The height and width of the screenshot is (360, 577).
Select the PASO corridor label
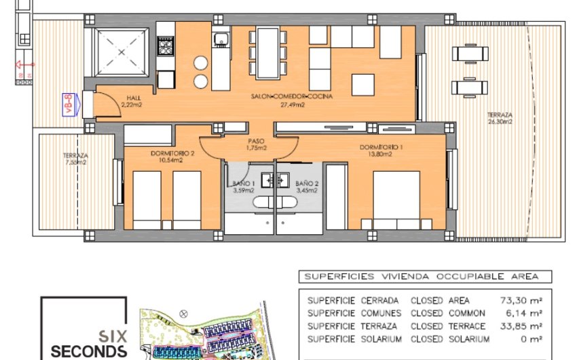[255, 141]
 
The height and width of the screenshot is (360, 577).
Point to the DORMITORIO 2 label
[172, 154]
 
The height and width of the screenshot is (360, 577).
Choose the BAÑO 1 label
[243, 183]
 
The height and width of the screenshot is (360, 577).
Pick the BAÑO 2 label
[308, 183]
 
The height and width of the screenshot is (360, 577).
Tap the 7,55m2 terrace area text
[75, 162]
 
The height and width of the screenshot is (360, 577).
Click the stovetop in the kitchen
[166, 46]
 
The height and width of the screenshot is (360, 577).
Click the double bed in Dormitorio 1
[397, 200]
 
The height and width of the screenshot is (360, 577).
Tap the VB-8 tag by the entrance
[86, 105]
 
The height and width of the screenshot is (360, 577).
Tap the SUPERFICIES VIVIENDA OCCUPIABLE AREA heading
[421, 276]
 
